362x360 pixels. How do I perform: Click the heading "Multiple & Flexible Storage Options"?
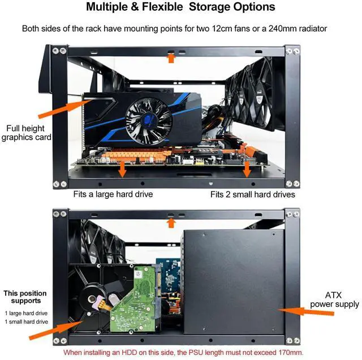point(180,7)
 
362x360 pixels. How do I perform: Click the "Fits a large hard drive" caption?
point(113,194)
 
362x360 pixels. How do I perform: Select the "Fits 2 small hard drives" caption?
point(253,194)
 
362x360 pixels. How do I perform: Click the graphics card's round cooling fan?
point(148,119)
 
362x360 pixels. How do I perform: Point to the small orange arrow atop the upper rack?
point(171,57)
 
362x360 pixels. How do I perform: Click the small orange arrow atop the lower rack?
point(171,222)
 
